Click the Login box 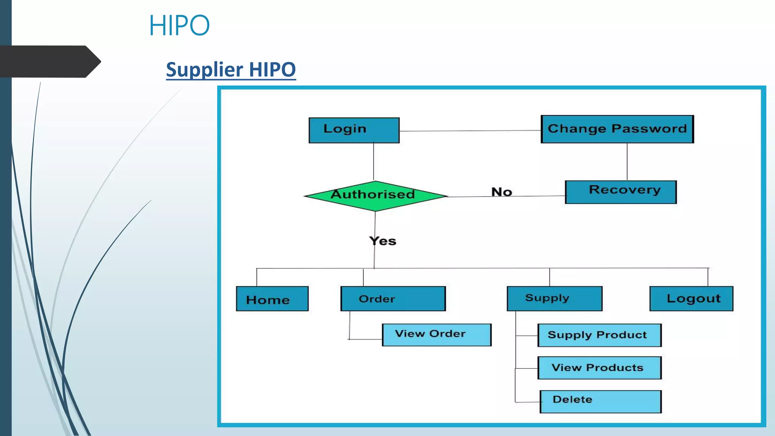(x=354, y=130)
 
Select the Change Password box (x=617, y=129)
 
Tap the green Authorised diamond (x=375, y=196)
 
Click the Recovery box (x=621, y=192)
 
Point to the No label (x=501, y=192)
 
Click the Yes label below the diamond (x=383, y=241)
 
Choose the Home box (x=272, y=299)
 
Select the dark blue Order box (x=393, y=299)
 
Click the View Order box (x=436, y=335)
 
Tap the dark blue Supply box (x=554, y=299)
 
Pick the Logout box (x=691, y=299)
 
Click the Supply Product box (x=599, y=335)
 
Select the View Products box (x=599, y=367)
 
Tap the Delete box (x=600, y=401)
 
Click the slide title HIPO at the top (x=179, y=26)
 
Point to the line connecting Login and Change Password (x=469, y=131)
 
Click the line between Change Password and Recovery (x=627, y=162)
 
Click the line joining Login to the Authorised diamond (x=373, y=162)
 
